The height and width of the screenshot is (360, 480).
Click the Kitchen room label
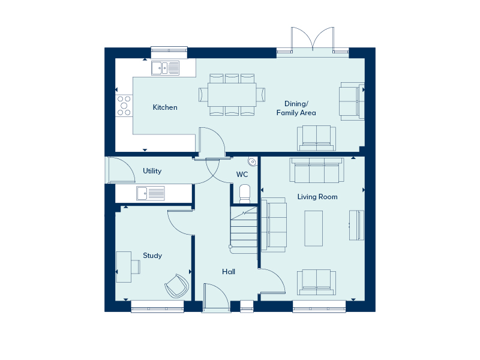165,107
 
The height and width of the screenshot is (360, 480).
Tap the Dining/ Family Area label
296,109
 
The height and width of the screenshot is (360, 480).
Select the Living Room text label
317,197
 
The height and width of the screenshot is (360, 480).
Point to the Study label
152,256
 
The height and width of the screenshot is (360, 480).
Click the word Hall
229,272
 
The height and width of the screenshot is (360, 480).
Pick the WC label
242,175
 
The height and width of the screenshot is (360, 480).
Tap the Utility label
152,171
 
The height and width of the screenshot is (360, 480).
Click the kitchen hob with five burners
124,106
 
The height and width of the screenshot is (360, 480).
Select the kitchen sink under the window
166,68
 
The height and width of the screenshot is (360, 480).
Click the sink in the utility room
151,193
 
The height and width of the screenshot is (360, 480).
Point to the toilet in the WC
245,194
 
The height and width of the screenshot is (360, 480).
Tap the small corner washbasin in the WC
252,161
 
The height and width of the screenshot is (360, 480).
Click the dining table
232,95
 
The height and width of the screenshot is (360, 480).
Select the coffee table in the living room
313,229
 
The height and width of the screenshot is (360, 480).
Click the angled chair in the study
177,286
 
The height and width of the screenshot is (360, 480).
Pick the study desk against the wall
124,267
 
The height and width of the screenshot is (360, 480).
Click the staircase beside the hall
244,230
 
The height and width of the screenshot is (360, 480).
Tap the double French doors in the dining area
313,39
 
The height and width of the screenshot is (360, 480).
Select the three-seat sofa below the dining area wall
317,170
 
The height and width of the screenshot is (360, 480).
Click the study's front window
157,307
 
